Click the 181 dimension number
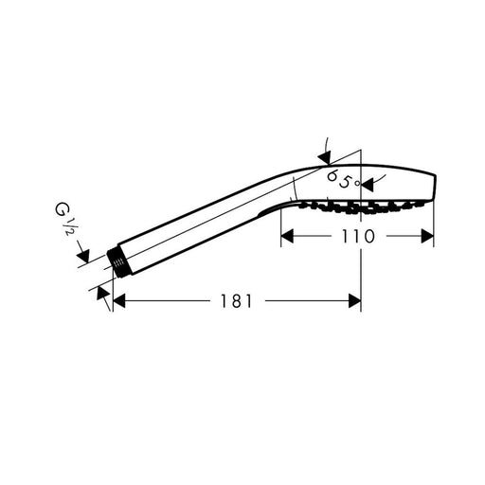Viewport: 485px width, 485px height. click(236, 301)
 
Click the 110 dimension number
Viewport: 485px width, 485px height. click(358, 236)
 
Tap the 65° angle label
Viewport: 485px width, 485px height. click(344, 179)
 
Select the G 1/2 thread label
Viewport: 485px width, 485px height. click(63, 219)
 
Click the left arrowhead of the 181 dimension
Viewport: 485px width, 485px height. click(119, 300)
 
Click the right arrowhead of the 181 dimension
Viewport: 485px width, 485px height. click(354, 300)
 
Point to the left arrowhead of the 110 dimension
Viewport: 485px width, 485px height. click(287, 236)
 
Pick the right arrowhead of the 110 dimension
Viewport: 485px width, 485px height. click(428, 236)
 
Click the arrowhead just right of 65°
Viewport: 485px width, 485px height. click(367, 185)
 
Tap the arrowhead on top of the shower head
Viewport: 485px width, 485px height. click(325, 157)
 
